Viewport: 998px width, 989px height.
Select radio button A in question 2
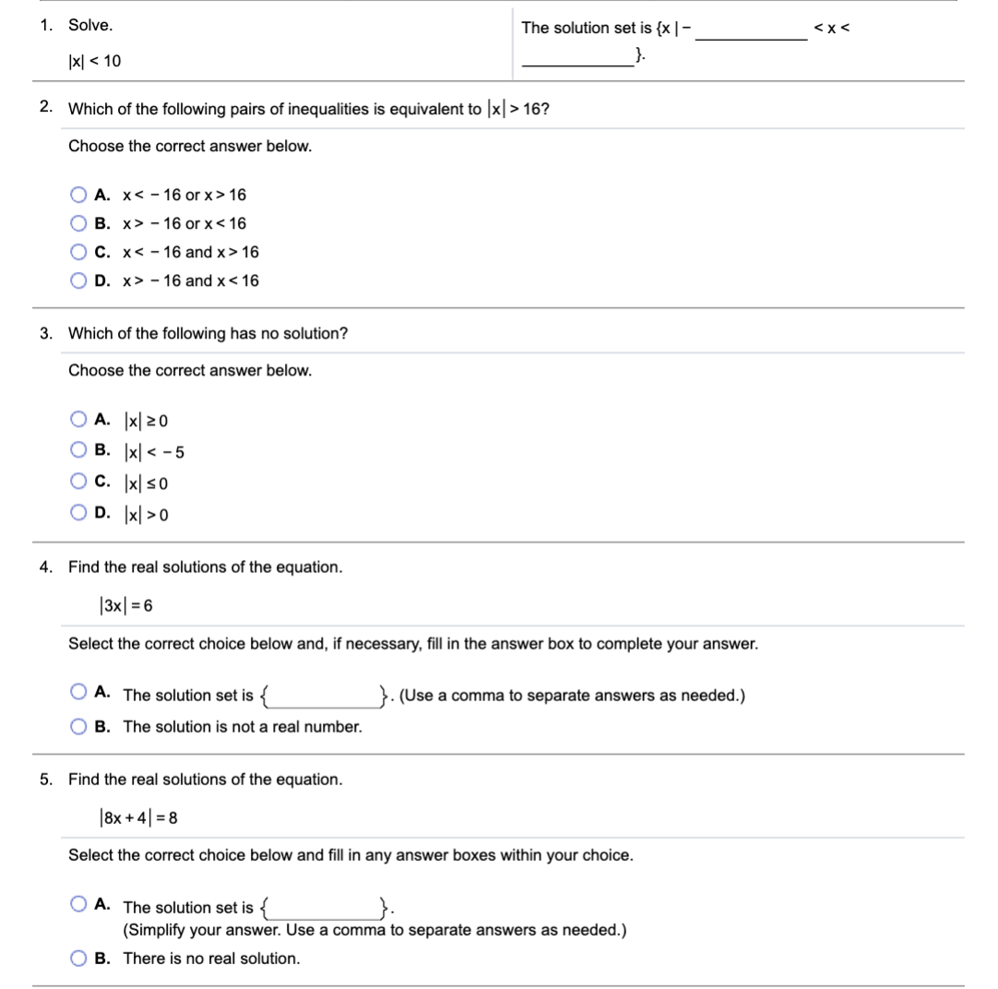78,195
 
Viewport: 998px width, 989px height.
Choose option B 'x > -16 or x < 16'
78,223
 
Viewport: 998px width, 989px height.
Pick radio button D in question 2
78,280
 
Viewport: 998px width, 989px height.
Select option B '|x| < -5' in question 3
78,451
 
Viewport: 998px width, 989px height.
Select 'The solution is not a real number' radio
78,727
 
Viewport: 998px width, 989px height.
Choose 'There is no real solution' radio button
78,959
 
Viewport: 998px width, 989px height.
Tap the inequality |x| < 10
94,62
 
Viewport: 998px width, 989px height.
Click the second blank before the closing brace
576,59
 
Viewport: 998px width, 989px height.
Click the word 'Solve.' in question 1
90,26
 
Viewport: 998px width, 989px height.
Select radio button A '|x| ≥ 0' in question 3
78,421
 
